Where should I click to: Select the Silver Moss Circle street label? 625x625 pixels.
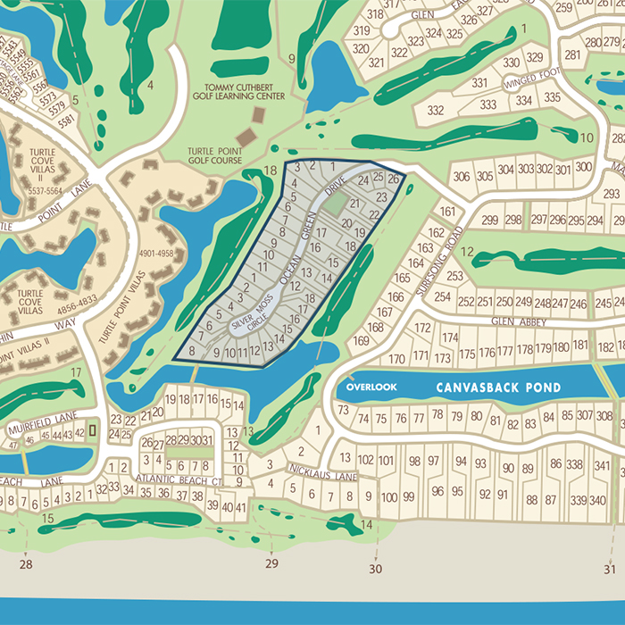[x=251, y=316]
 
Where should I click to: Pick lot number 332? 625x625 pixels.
[x=436, y=110]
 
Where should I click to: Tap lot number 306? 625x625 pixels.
[x=461, y=176]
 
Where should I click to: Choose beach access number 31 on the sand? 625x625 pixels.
[x=609, y=569]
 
